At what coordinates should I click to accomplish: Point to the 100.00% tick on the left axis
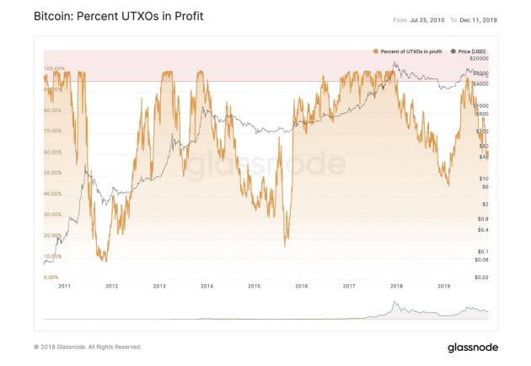tap(54, 67)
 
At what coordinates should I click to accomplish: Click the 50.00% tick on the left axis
tap(53, 172)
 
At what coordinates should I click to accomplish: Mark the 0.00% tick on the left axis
tap(51, 277)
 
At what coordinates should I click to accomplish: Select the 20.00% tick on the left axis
tap(53, 235)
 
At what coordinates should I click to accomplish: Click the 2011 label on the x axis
tap(64, 287)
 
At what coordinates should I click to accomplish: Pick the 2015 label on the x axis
tap(254, 287)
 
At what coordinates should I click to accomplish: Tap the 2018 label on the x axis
tap(396, 287)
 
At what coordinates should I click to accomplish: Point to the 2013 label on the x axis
tap(158, 287)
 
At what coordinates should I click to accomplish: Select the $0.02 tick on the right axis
tap(480, 277)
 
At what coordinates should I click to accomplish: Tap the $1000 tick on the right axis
tap(481, 105)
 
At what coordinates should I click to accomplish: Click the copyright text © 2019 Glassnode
tap(88, 347)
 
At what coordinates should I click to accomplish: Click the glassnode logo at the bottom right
tap(473, 347)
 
